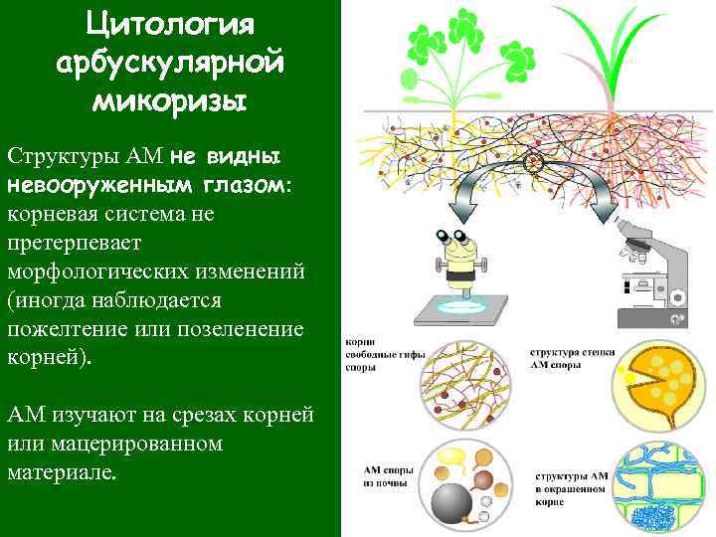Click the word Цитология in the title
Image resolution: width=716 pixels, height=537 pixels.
coord(170,24)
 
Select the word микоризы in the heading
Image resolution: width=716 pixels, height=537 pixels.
coord(170,99)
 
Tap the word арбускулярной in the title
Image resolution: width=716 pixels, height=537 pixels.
coord(170,62)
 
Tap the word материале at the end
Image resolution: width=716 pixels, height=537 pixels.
coord(61,470)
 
